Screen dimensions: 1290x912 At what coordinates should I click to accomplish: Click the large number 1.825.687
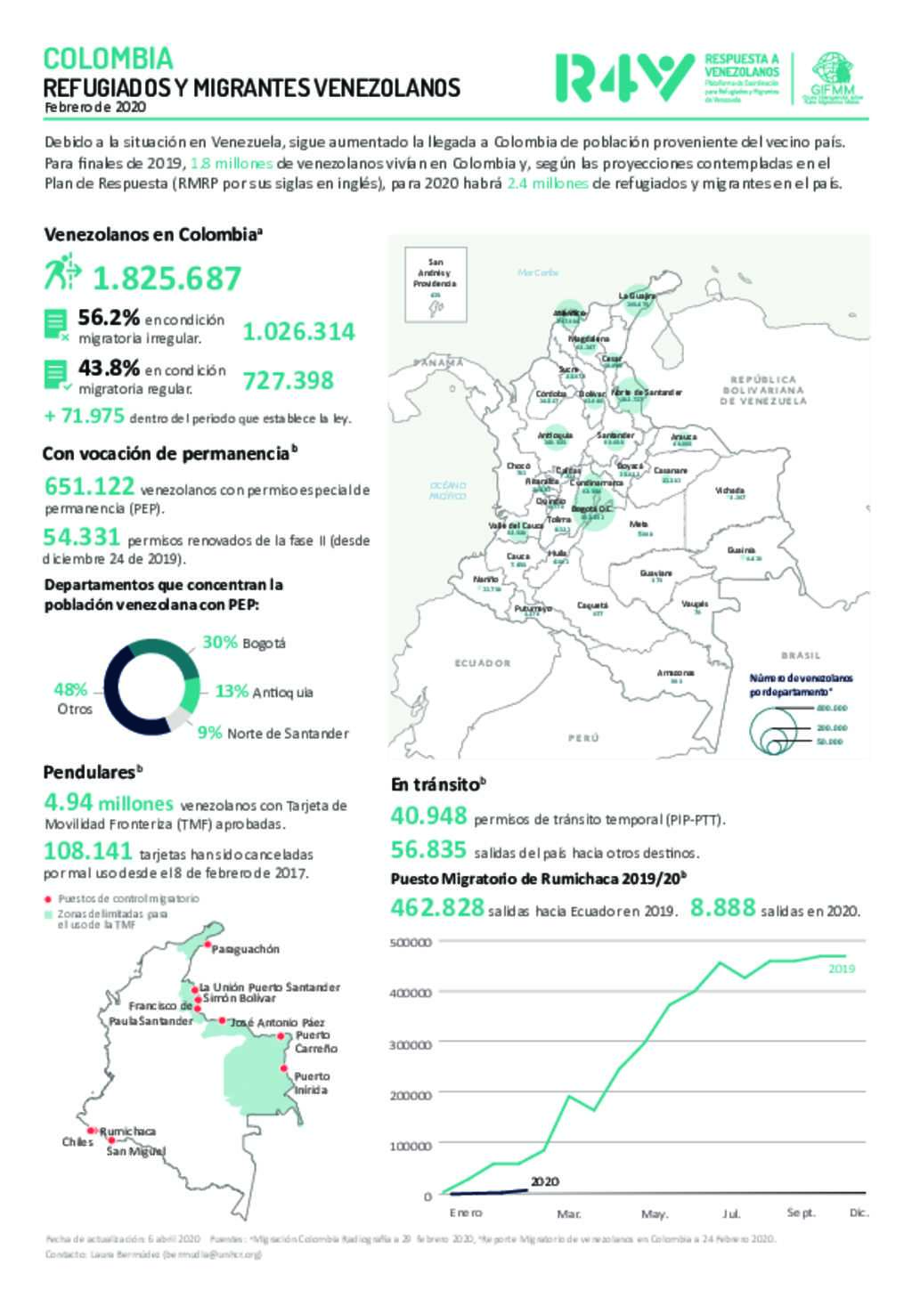pos(167,279)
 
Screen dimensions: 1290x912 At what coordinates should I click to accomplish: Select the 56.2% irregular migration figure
pos(109,318)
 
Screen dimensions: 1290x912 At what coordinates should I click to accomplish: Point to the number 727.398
pos(289,381)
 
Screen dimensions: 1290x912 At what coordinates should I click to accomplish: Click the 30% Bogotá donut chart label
pos(244,642)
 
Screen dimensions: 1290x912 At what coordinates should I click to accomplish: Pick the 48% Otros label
pos(72,699)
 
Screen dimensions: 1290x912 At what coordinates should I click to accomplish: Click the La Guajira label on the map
pos(637,296)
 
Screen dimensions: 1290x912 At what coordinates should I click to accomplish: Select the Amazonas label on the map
pos(675,673)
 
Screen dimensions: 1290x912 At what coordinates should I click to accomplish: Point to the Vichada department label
pos(729,491)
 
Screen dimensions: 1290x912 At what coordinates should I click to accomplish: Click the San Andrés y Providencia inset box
pos(435,285)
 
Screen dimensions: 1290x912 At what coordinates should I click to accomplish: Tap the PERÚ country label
pos(583,738)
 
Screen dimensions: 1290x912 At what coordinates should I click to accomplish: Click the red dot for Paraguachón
pos(207,945)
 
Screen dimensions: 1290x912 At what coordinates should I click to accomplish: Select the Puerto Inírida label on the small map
pos(312,1083)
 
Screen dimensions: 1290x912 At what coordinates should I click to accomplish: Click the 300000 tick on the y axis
pos(411,1044)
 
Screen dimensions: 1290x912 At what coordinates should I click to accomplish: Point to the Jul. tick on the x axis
pos(731,1213)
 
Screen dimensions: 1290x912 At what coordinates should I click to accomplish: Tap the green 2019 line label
pos(842,969)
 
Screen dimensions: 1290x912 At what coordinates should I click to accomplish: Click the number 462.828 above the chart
pos(437,909)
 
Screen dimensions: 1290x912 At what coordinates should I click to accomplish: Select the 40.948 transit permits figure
pos(428,815)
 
